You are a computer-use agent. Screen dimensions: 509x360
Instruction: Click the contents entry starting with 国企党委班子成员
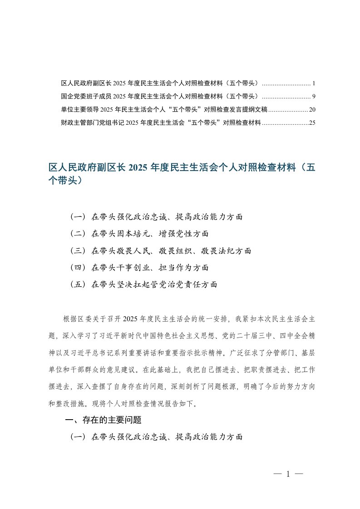[159, 96]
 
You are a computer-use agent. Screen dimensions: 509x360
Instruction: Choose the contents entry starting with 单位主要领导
[163, 109]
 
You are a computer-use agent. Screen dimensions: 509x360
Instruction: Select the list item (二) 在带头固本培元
[139, 234]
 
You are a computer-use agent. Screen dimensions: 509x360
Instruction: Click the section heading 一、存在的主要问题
[104, 420]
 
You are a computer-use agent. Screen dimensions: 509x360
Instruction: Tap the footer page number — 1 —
[288, 474]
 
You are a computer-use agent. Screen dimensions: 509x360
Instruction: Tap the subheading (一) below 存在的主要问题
[156, 437]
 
